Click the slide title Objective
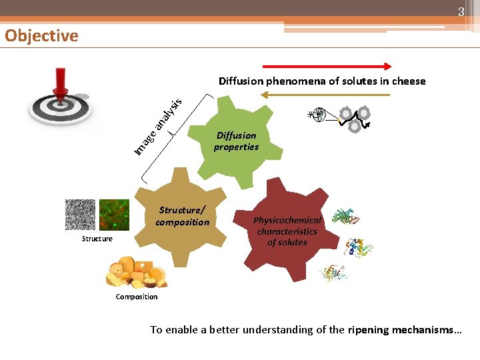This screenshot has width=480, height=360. tap(41, 35)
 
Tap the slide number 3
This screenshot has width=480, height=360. tap(460, 12)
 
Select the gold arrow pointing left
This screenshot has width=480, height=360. tap(325, 95)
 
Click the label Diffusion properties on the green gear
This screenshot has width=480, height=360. tap(236, 141)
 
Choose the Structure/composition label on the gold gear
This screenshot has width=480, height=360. tap(182, 216)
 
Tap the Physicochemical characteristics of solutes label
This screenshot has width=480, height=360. tap(287, 231)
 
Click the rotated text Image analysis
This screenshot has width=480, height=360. tap(157, 126)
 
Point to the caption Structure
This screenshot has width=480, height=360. tap(97, 239)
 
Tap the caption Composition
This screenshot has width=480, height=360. tap(137, 297)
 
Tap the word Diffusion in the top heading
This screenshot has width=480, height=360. tap(241, 81)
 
